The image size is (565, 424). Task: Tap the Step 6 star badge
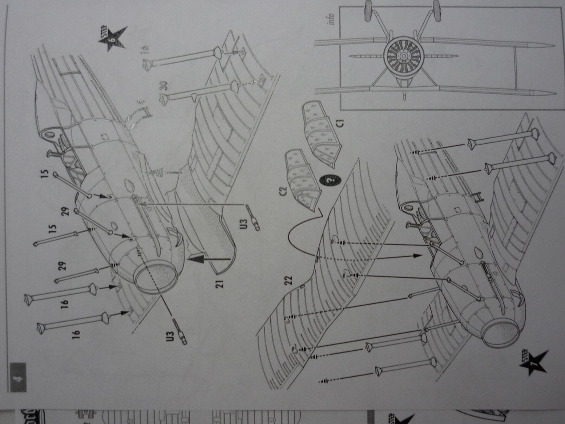pyautogui.click(x=112, y=39)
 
